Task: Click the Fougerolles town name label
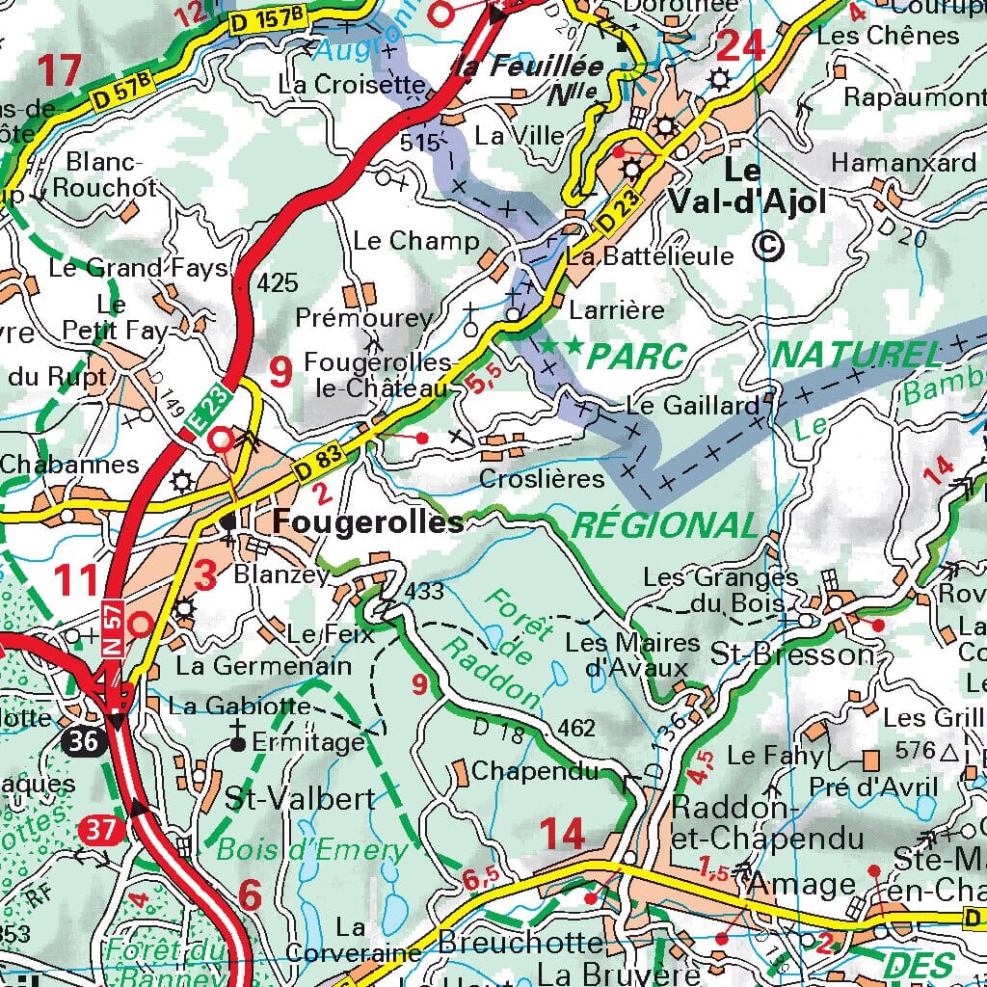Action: pos(367,522)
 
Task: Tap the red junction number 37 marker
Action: pos(97,829)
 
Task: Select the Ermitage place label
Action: pos(308,743)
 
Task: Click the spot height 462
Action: pos(577,728)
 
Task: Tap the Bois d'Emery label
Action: pos(312,850)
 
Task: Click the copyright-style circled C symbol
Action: pos(769,247)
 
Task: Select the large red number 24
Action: pos(742,46)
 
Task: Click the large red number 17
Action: pos(60,70)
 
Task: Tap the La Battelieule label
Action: pos(652,256)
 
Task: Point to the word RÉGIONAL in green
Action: pos(665,525)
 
